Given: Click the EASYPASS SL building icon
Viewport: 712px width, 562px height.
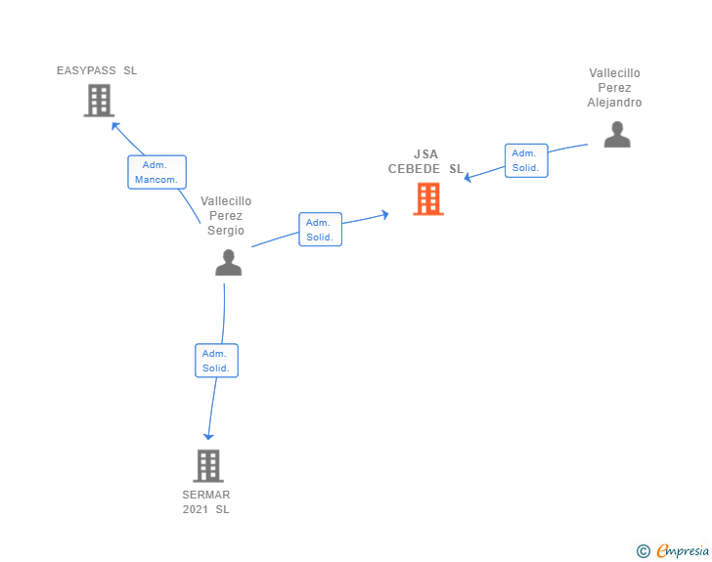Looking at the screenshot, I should [99, 100].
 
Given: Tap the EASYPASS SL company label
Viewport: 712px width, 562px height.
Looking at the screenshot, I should [97, 70].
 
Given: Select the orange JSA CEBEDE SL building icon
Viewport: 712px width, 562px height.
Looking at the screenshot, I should [427, 198].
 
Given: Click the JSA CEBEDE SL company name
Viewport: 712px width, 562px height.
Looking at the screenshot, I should [425, 161].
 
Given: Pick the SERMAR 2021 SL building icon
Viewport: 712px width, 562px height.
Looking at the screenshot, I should [208, 465].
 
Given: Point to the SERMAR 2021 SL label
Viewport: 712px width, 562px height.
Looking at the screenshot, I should [206, 501].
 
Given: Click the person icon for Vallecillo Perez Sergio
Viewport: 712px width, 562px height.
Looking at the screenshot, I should [228, 262].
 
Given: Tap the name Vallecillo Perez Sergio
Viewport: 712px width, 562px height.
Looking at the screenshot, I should [226, 216].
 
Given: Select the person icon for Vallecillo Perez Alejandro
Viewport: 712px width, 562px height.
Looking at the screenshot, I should [616, 134].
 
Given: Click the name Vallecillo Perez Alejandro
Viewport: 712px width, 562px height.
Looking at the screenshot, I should [615, 88].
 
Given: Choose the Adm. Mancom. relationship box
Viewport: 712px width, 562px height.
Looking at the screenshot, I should [156, 172].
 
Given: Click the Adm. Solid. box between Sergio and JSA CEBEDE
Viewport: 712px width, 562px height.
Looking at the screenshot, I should [320, 230].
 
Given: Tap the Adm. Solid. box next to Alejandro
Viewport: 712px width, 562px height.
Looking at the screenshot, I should [526, 160].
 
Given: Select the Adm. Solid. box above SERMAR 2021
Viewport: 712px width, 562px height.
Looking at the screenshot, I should [216, 361].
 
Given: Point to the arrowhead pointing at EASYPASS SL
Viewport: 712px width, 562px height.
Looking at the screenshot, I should [115, 125].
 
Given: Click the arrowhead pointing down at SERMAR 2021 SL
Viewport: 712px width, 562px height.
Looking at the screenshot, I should [207, 437].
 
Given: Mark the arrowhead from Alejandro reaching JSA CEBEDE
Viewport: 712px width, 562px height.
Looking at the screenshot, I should [468, 177].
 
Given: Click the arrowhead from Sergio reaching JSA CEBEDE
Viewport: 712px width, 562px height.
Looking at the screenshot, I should [385, 212].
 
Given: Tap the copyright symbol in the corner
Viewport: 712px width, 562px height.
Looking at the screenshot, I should [643, 551].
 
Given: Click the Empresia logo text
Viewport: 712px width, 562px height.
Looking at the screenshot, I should [682, 551].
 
